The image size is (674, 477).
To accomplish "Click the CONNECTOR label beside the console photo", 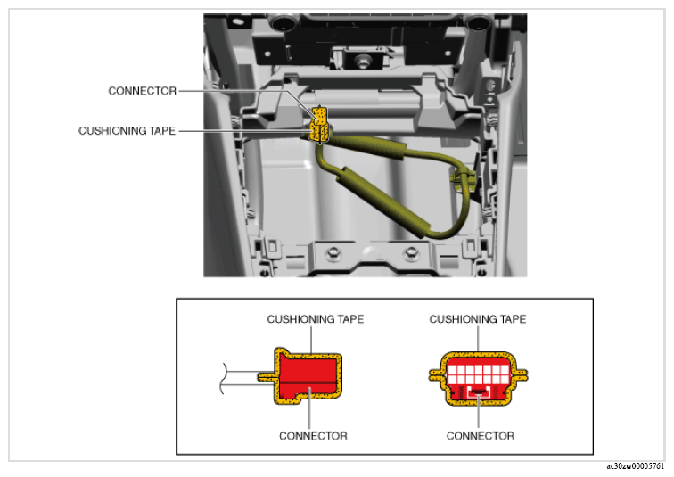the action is click(x=143, y=91).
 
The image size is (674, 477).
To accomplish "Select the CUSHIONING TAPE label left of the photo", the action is click(x=127, y=131).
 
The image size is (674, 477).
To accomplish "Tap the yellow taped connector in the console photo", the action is click(x=320, y=125).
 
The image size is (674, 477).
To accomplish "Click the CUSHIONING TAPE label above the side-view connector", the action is click(x=315, y=319).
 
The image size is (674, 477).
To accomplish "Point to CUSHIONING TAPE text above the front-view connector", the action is click(x=478, y=319).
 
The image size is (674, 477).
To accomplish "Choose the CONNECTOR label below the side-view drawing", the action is click(x=313, y=436).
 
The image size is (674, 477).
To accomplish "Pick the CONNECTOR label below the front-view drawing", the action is click(x=481, y=436).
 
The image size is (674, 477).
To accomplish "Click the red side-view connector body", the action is click(x=308, y=376).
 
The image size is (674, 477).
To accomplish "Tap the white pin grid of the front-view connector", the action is click(x=478, y=374).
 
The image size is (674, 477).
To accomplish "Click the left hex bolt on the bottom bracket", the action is click(x=333, y=253).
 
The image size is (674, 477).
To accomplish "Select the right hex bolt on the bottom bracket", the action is click(x=411, y=253).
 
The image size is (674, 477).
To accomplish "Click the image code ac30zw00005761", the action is click(x=636, y=466).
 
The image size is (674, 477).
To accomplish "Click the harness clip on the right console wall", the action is click(x=464, y=178).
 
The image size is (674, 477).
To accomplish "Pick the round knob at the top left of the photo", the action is click(x=284, y=21).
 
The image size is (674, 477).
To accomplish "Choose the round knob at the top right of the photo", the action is click(x=479, y=21).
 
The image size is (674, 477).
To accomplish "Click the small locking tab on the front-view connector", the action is click(x=479, y=391).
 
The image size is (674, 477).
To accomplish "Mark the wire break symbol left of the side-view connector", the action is click(x=223, y=378).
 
